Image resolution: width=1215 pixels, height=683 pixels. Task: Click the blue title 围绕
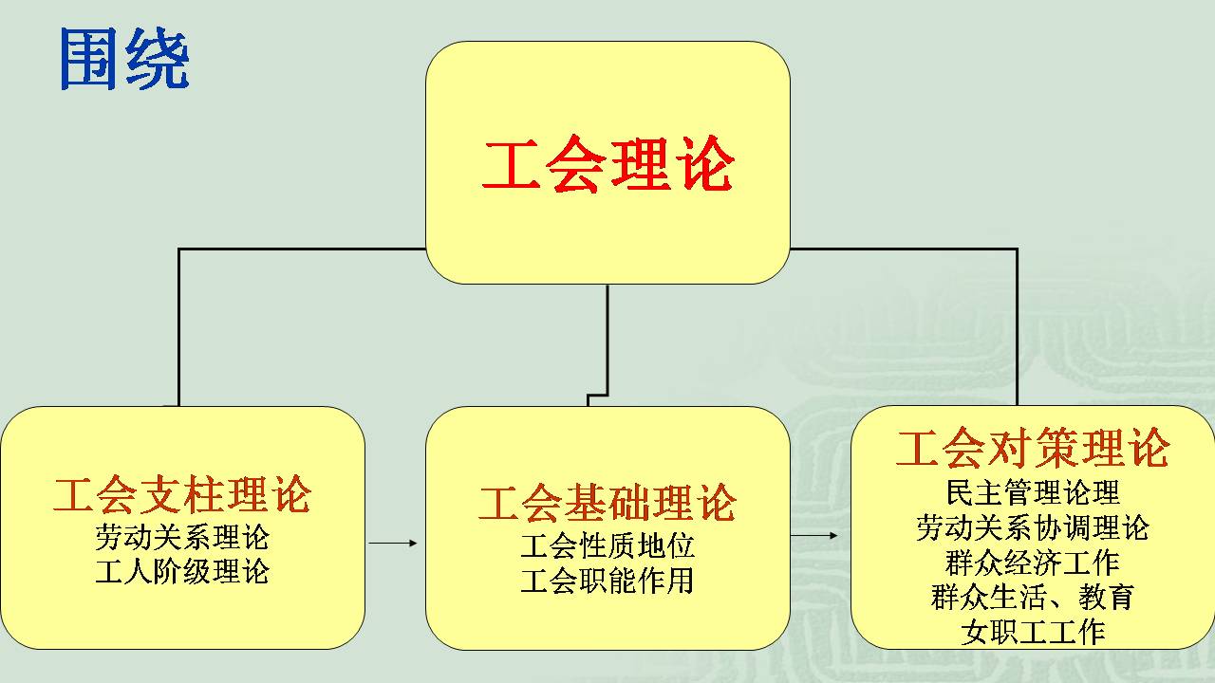tap(124, 59)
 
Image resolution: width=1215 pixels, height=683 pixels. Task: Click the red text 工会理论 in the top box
tap(608, 164)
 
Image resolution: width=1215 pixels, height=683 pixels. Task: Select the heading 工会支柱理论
tap(182, 494)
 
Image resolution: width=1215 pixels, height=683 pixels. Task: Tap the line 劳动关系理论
tap(182, 537)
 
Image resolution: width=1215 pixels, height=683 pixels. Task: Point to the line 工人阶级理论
tap(182, 571)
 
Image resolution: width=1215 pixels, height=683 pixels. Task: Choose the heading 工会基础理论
tap(607, 503)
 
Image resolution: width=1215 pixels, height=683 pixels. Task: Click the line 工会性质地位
tap(607, 545)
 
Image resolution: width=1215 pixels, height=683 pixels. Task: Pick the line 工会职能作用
tap(607, 580)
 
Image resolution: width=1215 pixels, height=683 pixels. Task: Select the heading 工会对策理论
tap(1033, 448)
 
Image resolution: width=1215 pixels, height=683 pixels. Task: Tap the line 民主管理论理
tap(1033, 492)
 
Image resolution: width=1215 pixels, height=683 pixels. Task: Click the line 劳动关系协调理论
tap(1033, 527)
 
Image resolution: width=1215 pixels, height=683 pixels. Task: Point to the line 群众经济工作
tap(1033, 563)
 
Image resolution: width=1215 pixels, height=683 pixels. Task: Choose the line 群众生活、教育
tap(1033, 597)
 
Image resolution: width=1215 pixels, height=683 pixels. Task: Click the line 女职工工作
tap(1033, 632)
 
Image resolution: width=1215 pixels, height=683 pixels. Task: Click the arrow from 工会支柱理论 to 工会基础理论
tap(393, 543)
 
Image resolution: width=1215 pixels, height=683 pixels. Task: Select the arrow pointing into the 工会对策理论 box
tap(814, 536)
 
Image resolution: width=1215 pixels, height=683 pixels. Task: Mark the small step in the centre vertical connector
tap(598, 396)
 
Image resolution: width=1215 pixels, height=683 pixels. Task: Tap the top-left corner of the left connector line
tap(179, 249)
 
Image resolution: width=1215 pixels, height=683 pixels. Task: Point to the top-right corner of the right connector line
tap(1017, 249)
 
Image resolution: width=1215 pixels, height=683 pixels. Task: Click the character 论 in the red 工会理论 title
tap(707, 164)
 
